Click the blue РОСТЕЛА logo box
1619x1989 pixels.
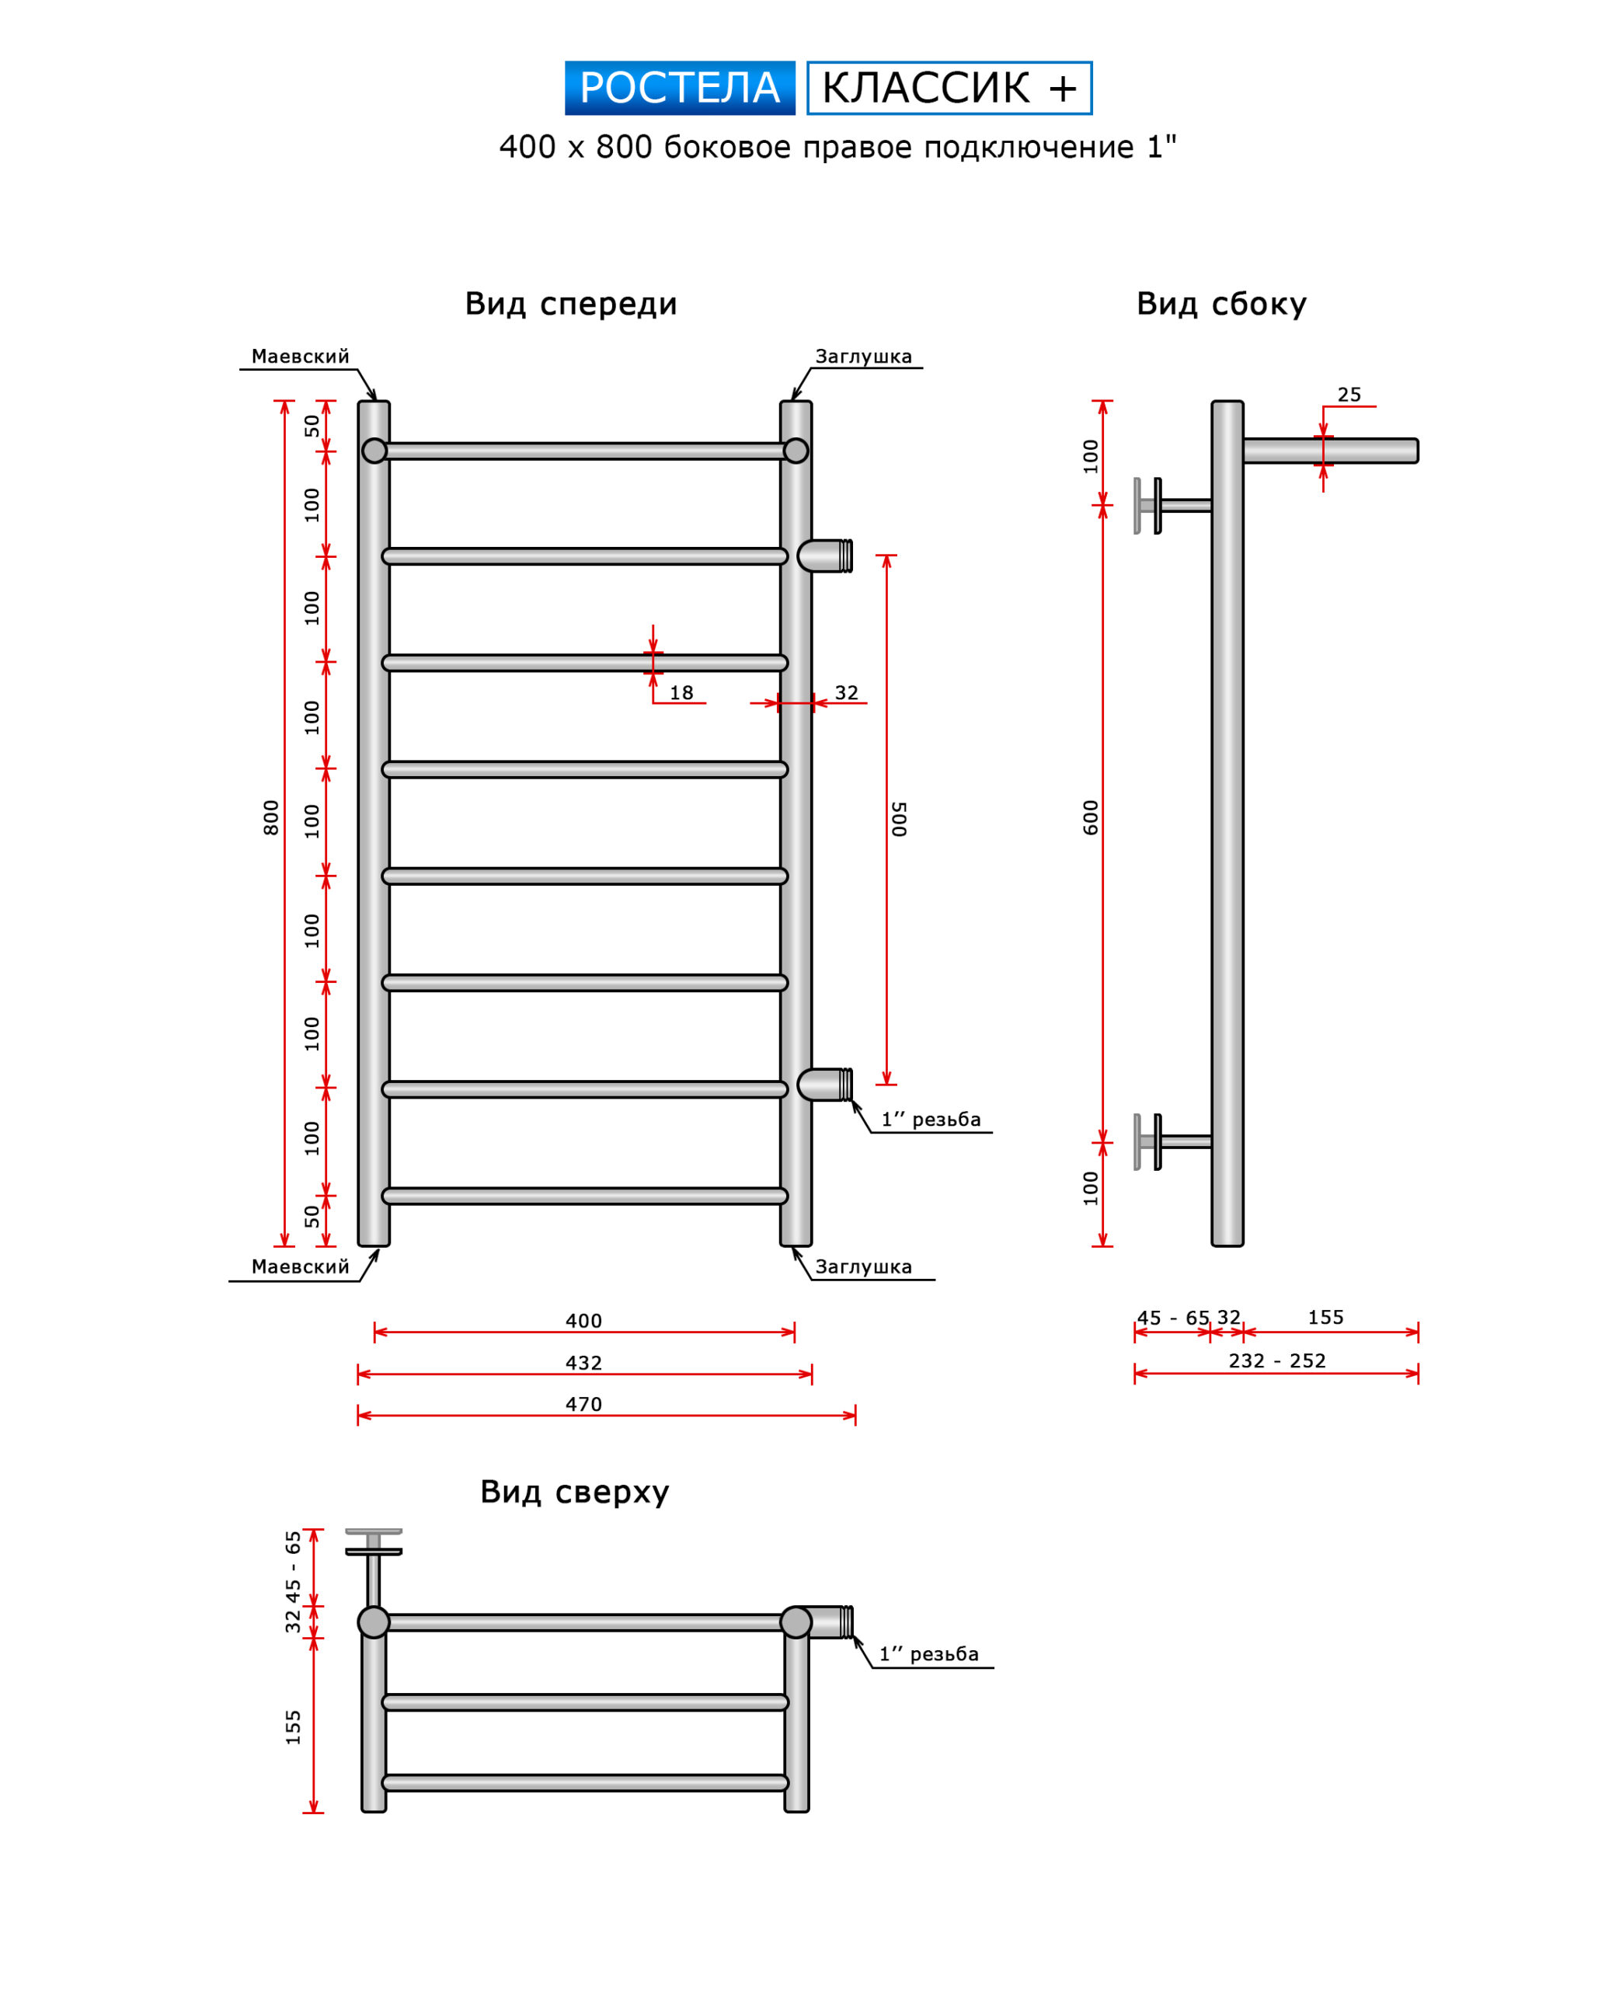tap(679, 89)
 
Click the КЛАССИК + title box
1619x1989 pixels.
tap(949, 89)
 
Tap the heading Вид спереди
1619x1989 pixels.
tap(571, 304)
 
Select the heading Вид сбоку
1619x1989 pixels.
tap(1220, 304)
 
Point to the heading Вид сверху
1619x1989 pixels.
tap(574, 1492)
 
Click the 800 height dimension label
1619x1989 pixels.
tap(270, 818)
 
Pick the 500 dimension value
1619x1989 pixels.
tap(898, 819)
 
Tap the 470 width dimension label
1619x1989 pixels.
tap(583, 1404)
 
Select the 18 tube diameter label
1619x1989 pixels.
tap(682, 693)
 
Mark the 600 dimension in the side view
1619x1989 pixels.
tap(1090, 818)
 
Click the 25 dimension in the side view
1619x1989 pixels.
tap(1349, 395)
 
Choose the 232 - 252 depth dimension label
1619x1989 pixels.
tap(1276, 1360)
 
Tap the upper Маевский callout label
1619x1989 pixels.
tap(301, 356)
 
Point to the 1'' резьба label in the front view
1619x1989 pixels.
tap(931, 1119)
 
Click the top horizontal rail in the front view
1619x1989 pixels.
tap(585, 451)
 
